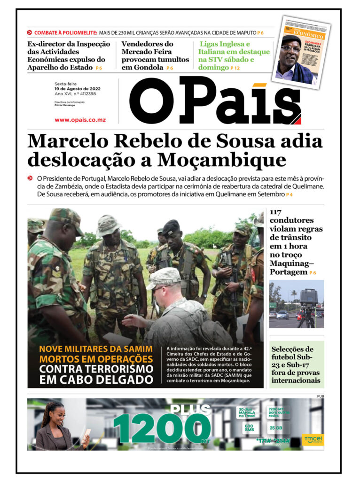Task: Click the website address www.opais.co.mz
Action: tap(80, 120)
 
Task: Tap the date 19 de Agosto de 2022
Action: tap(77, 89)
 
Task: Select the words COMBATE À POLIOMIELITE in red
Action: tap(65, 32)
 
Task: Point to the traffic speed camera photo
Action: tap(296, 303)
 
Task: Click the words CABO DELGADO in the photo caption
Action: tap(97, 380)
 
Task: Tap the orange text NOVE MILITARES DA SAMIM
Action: tap(96, 349)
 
